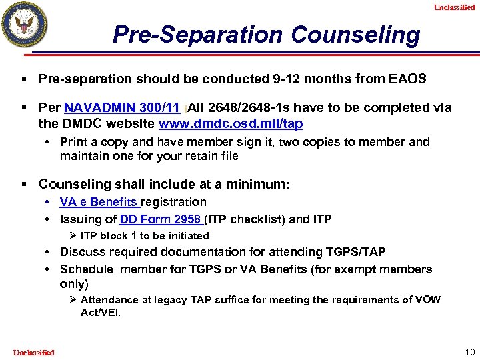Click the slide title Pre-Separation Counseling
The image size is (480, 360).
(x=267, y=34)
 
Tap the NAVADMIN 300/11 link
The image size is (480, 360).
(x=121, y=107)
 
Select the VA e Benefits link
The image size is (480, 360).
(x=99, y=201)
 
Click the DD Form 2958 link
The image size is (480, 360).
(x=161, y=219)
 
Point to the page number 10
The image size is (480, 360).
(x=469, y=351)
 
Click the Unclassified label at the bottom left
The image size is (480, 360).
(x=33, y=352)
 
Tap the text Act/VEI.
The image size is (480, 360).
(x=101, y=312)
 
